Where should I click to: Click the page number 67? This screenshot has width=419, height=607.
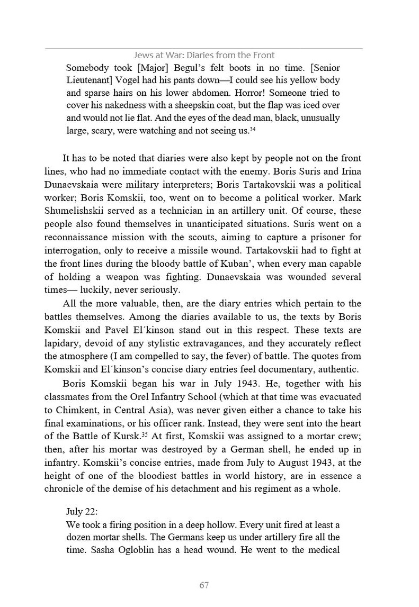pos(204,585)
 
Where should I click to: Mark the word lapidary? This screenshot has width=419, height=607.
pos(62,341)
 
